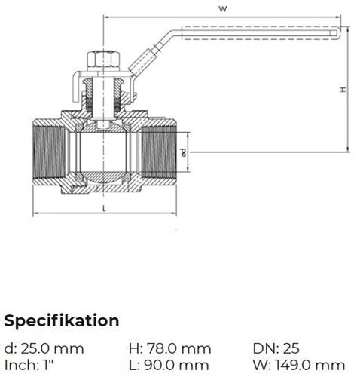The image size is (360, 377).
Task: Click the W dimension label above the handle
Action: point(222,9)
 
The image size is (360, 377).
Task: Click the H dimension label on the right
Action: point(343,90)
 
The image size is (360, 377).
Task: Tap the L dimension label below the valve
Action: point(105,208)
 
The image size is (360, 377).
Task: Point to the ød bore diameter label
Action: point(183,152)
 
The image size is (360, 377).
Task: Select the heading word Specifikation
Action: point(62,321)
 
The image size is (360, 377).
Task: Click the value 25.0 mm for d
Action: point(52,348)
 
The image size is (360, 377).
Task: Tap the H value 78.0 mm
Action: point(178,348)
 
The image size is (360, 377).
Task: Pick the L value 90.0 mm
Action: point(176,365)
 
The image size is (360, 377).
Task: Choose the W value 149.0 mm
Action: point(310,365)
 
